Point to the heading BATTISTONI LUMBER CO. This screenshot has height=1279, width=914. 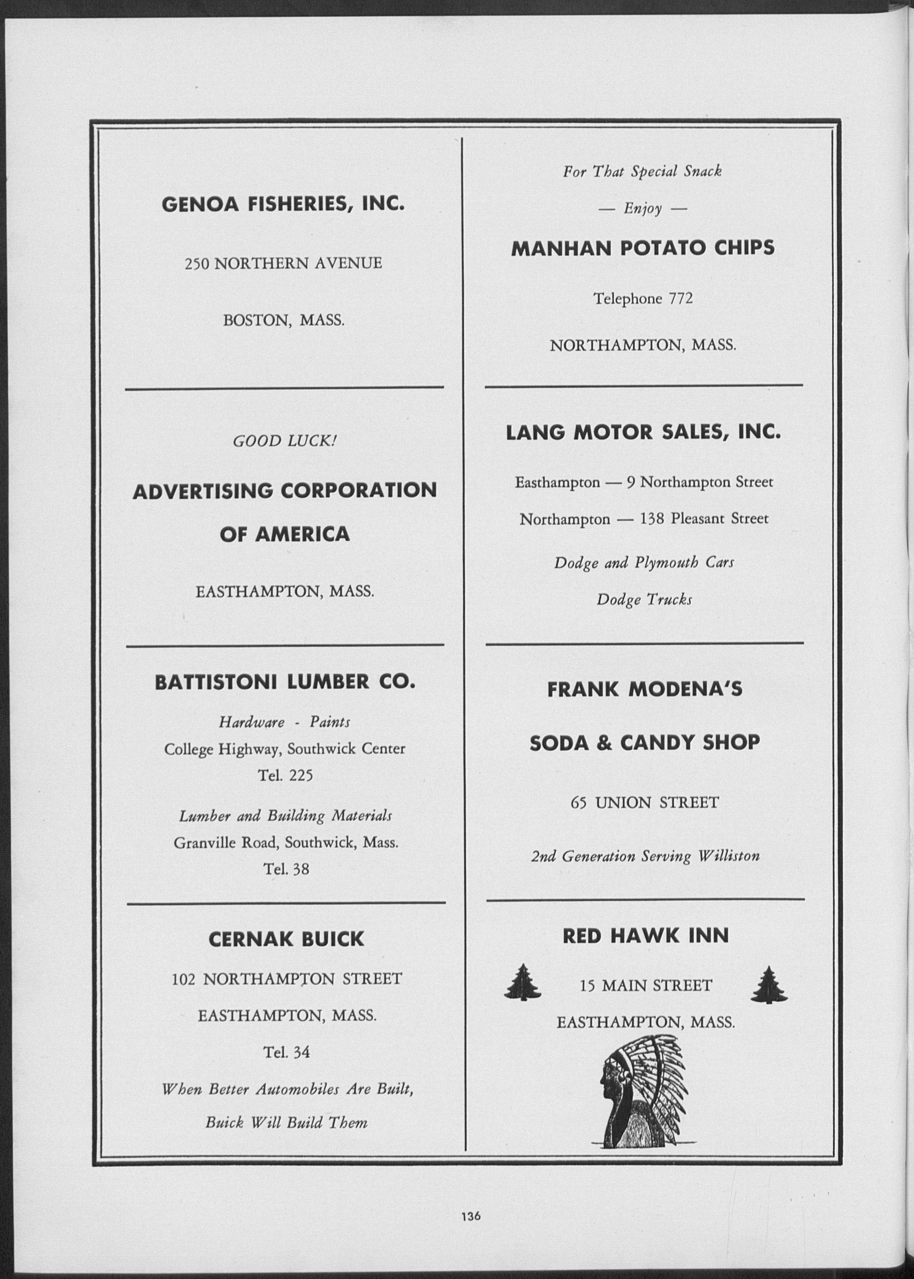(285, 683)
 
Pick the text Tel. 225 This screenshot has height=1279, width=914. (285, 776)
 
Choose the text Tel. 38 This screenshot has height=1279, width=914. (286, 869)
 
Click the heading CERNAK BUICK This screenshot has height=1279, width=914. (286, 939)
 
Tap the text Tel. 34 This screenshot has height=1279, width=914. (286, 1052)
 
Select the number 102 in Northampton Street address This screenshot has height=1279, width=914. (184, 979)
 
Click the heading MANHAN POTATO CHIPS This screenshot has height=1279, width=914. (642, 248)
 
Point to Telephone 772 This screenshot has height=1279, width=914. (642, 298)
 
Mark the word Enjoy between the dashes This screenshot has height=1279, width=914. (642, 209)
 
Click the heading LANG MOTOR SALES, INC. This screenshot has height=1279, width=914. (643, 432)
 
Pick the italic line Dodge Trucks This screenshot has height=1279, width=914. (644, 599)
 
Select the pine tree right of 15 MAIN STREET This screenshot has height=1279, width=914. (769, 985)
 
